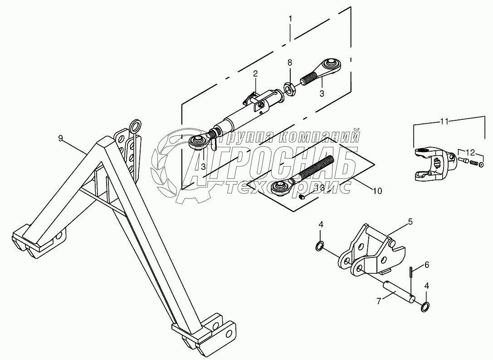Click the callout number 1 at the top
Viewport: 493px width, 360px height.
point(290,19)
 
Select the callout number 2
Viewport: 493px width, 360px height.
point(255,73)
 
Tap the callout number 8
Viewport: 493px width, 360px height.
point(290,62)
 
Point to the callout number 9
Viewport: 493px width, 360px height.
point(60,138)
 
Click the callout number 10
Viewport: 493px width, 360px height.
point(377,191)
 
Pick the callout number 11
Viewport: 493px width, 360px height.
point(444,121)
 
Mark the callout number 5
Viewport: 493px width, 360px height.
point(410,222)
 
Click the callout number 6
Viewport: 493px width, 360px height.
point(426,264)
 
